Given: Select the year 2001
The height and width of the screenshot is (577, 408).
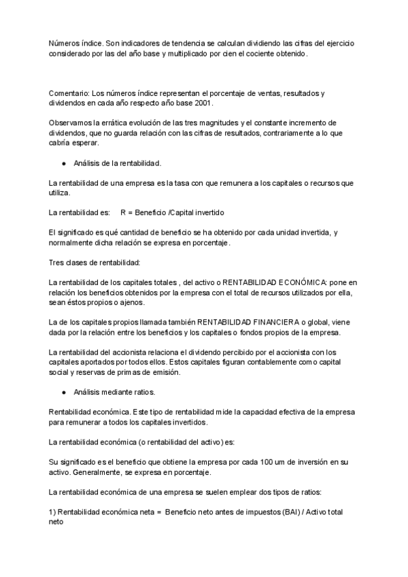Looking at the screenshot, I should coord(203,103).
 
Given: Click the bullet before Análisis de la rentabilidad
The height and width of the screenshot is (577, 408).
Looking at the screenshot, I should coord(63,163).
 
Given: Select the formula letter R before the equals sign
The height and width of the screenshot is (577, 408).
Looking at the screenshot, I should coord(123,213).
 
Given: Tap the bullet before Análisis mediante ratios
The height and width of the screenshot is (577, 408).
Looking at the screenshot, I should coord(63,393).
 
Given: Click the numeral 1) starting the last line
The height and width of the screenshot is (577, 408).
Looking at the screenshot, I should coord(53,512).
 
